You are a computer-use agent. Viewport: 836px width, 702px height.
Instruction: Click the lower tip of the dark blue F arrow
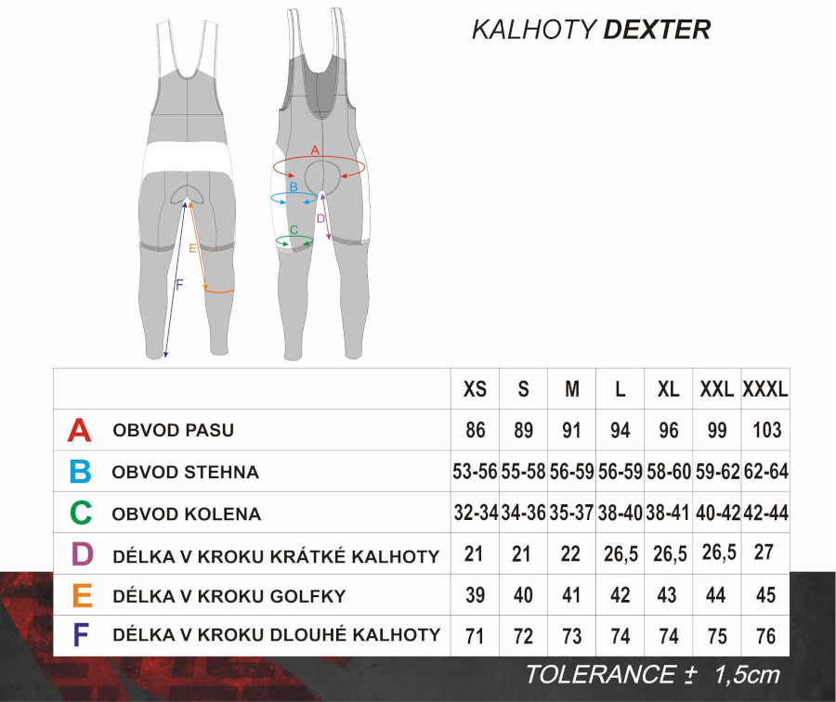[x=164, y=357]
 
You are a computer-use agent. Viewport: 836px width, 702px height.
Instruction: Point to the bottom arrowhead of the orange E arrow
[x=206, y=289]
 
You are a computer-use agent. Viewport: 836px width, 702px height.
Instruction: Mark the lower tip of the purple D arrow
[x=329, y=240]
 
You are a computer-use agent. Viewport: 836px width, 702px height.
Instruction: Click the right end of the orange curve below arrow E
[x=233, y=290]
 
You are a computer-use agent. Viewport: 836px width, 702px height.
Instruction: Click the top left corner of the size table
[x=53, y=369]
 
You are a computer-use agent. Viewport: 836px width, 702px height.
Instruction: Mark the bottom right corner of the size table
[x=790, y=656]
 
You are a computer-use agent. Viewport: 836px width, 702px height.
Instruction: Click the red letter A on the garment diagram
[x=315, y=150]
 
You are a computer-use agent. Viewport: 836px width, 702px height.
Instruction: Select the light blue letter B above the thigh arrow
[x=294, y=187]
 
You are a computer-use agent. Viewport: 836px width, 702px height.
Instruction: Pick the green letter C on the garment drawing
[x=294, y=229]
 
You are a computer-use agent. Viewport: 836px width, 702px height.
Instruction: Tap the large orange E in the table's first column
[x=82, y=595]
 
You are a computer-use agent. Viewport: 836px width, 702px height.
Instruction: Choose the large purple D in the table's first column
[x=82, y=553]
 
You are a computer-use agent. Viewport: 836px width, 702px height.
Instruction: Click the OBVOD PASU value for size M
[x=571, y=430]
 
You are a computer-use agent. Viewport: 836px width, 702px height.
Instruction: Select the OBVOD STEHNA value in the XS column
[x=475, y=472]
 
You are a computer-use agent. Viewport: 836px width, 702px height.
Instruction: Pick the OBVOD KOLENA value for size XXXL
[x=765, y=513]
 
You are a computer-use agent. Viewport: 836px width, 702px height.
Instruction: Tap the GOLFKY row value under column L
[x=620, y=595]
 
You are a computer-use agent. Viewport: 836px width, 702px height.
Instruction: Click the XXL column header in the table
[x=716, y=389]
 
